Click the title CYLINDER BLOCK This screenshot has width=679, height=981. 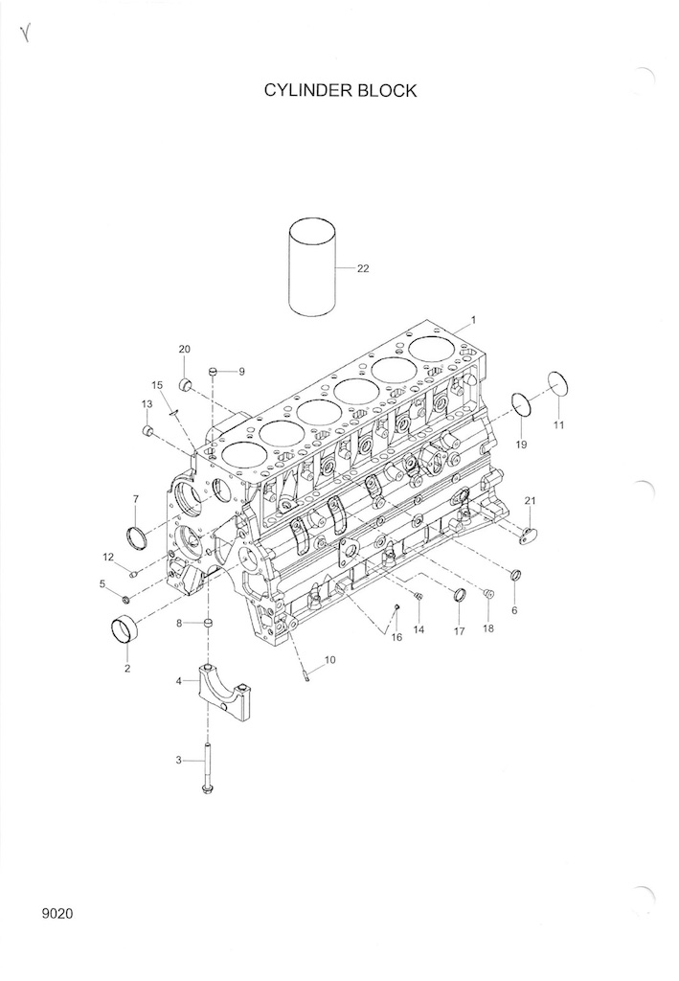tap(340, 91)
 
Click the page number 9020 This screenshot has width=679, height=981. tap(57, 914)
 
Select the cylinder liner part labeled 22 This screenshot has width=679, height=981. tap(313, 267)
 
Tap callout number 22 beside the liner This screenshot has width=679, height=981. tap(363, 268)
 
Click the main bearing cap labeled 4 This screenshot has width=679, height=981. tap(222, 693)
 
